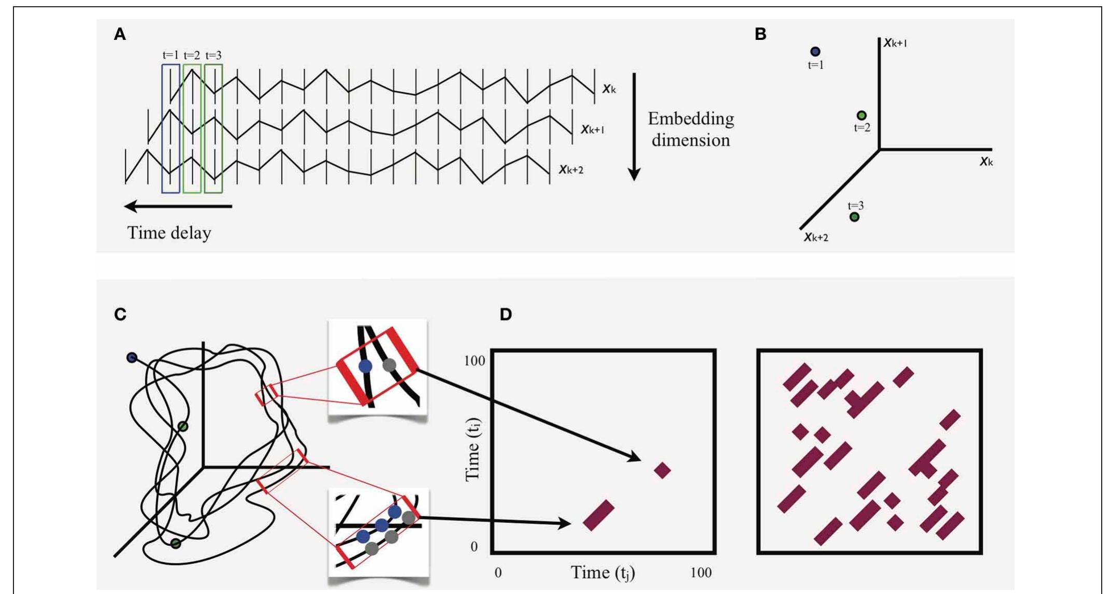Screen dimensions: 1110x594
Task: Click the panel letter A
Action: pos(120,35)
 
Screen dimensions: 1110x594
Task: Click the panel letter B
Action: pos(760,34)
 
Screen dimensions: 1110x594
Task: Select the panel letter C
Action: pos(120,314)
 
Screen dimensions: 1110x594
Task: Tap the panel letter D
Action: pos(506,314)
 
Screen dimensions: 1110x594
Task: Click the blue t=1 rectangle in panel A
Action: pos(171,128)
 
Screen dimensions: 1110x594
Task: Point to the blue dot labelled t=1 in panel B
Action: pos(815,51)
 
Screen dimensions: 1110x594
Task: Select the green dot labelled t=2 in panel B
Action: pos(861,115)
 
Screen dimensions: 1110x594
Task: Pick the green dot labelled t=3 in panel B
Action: pos(855,217)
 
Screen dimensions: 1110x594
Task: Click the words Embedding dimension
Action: pos(691,129)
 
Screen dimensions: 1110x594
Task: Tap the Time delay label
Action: pos(169,233)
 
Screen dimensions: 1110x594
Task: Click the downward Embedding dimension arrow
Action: pos(634,127)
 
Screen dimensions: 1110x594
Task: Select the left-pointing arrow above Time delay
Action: pos(178,207)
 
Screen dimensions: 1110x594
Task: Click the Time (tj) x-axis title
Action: pos(603,573)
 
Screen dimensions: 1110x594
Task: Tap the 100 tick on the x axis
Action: pos(701,573)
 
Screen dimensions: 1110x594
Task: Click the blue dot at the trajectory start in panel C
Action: pos(132,357)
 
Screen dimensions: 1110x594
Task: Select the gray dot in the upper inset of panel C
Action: pos(389,365)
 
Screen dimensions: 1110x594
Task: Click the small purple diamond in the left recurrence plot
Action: pos(662,470)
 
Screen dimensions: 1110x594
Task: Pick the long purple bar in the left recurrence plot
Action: pos(599,515)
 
